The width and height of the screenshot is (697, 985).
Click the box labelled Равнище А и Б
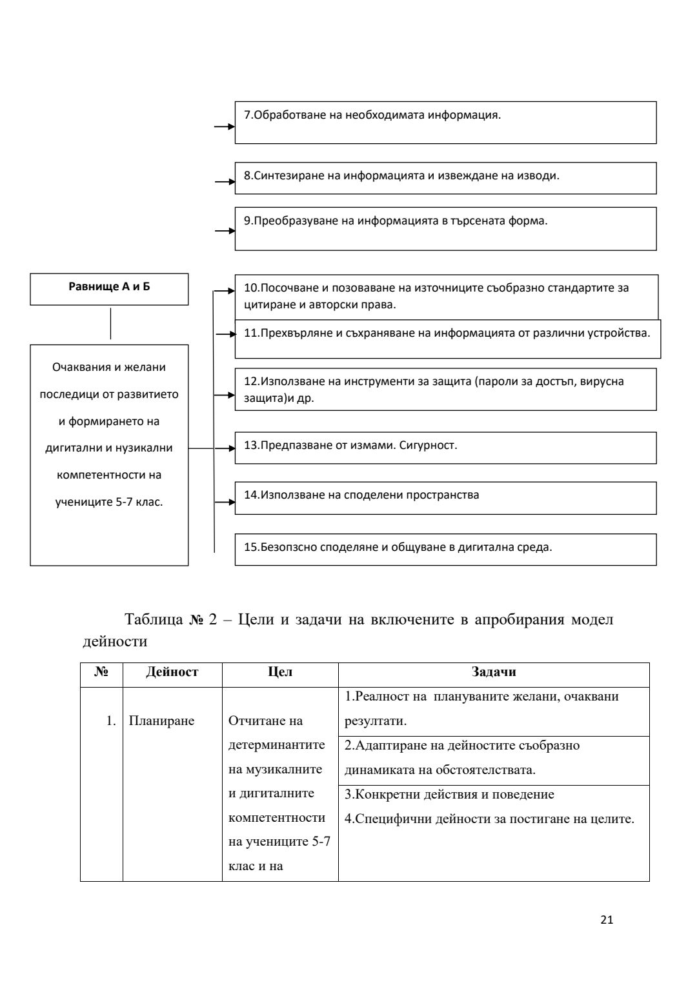coord(109,288)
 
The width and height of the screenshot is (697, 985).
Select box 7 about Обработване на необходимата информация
coord(445,122)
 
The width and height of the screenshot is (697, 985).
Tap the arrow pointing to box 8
coord(225,182)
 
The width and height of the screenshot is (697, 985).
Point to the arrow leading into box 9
coord(225,230)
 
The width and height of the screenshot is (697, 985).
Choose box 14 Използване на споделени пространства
coord(445,497)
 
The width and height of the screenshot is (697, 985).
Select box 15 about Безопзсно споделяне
coord(445,549)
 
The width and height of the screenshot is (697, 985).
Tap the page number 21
coord(607,920)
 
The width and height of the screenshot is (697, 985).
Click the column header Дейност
coord(172,672)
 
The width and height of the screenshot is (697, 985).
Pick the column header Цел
coord(280,672)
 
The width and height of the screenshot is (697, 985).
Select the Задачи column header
coord(494,672)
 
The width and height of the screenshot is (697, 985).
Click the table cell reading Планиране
coord(161,721)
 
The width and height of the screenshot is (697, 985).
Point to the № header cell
coord(101,672)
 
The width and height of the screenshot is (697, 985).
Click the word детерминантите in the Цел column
coord(277,745)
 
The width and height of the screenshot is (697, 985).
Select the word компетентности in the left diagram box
coord(109,475)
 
